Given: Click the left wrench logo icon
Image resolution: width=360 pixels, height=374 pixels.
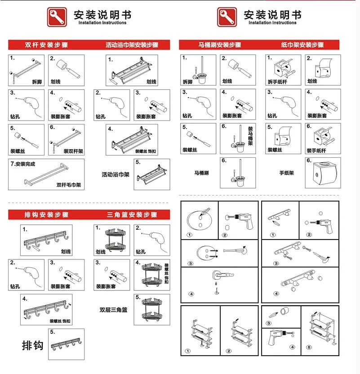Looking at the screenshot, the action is click(57, 17).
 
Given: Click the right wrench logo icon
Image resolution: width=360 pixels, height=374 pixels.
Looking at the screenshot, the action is click(227, 17).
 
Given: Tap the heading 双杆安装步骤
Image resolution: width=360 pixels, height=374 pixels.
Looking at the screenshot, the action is click(46, 45).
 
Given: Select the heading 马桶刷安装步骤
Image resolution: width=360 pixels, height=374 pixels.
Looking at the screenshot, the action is click(220, 45).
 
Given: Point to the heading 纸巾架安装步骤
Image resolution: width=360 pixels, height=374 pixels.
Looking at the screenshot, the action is click(302, 45).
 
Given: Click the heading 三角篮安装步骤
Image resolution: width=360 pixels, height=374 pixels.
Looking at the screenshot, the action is click(132, 215).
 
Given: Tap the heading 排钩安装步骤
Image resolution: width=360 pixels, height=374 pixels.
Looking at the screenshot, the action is click(46, 215).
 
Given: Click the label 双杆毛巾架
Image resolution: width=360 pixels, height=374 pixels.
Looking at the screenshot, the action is click(69, 185).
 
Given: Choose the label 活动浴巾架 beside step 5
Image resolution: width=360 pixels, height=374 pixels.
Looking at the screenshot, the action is click(116, 174).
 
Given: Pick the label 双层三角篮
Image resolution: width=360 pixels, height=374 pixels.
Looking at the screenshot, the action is click(114, 310).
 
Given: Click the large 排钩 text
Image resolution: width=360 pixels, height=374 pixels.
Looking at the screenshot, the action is click(33, 345).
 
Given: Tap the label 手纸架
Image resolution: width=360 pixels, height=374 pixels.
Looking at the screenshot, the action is click(287, 173).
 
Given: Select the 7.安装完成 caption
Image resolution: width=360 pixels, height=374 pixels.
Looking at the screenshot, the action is click(22, 164).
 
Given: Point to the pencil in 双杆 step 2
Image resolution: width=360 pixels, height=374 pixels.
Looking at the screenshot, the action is click(73, 73).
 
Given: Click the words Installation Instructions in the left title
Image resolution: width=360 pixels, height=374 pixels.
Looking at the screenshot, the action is click(102, 22).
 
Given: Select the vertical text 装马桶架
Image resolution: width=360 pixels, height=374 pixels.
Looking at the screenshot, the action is click(250, 136).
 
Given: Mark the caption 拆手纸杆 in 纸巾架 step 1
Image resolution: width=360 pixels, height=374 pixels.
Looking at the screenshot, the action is click(277, 82).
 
